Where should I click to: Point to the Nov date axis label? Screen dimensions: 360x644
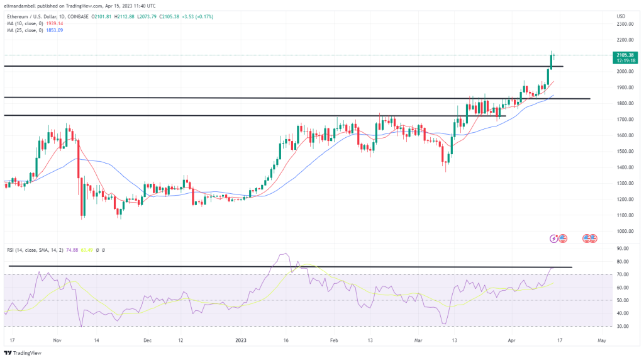click(x=57, y=339)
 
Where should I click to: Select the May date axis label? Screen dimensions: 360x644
click(x=601, y=339)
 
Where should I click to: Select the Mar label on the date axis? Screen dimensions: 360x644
click(x=419, y=339)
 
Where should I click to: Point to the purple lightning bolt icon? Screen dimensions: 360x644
click(x=554, y=238)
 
